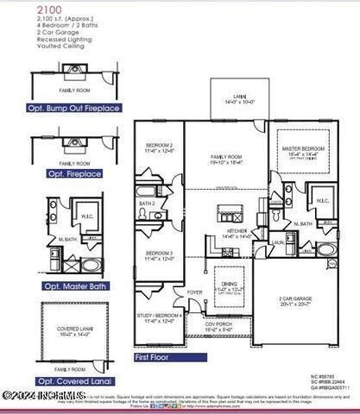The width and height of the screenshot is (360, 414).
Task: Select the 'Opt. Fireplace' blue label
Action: [68, 173]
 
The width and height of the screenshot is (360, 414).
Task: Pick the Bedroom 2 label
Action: [159, 147]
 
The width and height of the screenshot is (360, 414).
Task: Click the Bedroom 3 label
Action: [159, 255]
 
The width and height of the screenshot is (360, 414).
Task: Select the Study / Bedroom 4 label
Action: [160, 318]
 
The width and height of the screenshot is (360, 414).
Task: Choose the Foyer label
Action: [195, 292]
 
